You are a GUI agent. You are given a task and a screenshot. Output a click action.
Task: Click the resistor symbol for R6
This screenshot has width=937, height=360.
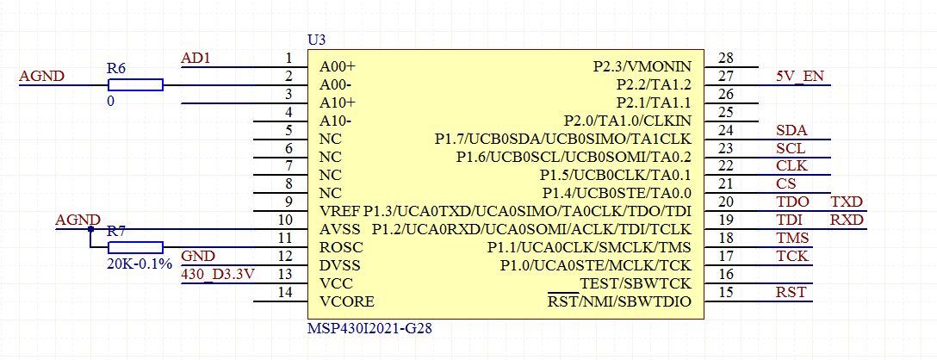(135, 84)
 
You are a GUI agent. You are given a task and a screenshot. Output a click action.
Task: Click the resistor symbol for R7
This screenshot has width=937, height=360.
(135, 246)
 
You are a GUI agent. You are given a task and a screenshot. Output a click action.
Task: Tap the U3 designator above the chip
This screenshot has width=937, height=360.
(317, 40)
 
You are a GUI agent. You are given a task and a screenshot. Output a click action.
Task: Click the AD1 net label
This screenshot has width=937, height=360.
(196, 59)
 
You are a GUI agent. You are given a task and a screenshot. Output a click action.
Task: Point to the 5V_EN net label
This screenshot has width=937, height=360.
(799, 76)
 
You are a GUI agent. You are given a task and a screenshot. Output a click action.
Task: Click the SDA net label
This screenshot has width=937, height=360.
(791, 130)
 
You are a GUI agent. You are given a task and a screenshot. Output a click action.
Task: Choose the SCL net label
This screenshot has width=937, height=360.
(791, 148)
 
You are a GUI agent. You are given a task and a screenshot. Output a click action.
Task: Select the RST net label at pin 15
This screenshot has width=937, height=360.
(791, 292)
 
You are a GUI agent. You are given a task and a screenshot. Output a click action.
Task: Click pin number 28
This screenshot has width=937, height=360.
(725, 59)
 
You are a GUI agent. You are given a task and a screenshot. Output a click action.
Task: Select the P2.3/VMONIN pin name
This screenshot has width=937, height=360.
(642, 66)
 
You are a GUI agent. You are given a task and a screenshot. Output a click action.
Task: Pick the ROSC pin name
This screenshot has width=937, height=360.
(338, 247)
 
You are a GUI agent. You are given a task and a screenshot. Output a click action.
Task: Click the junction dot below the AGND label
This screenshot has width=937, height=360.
(90, 229)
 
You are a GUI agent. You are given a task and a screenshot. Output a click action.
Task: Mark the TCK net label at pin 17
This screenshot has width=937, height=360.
(791, 256)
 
